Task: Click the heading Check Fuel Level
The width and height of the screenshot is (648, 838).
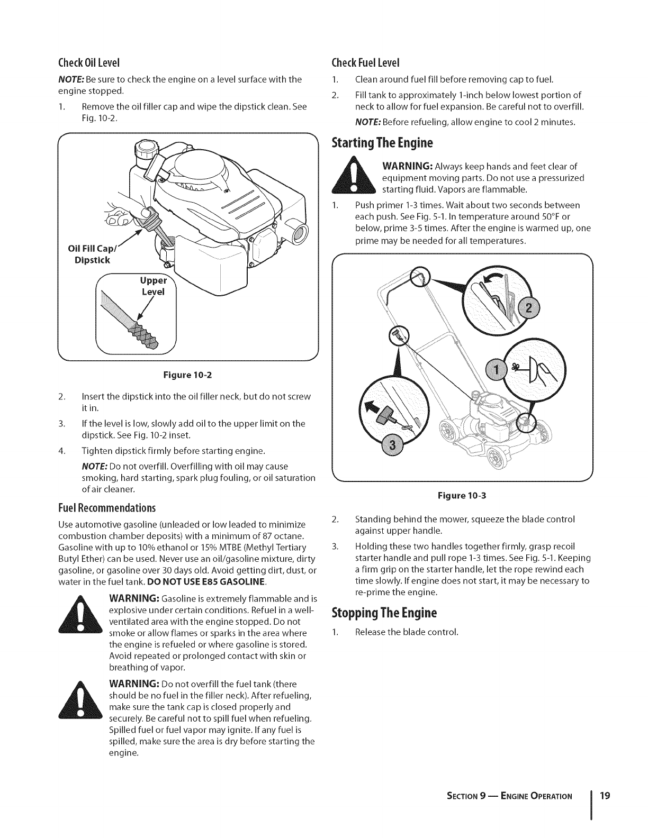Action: pos(364,63)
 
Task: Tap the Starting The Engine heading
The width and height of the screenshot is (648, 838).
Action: pos(382,143)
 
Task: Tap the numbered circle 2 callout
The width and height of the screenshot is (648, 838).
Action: pos(527,309)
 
